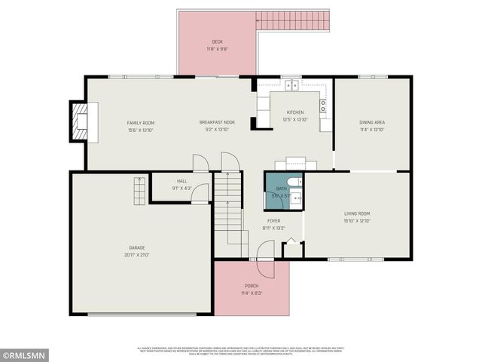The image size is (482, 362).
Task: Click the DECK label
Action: tap(217, 41)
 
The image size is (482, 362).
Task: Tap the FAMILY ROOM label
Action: tap(140, 122)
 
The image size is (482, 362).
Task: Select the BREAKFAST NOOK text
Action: tap(217, 122)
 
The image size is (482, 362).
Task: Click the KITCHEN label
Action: tap(294, 112)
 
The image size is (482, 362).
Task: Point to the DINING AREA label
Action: tap(372, 122)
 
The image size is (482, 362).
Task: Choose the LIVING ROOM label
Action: tap(357, 213)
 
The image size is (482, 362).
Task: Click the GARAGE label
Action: tap(136, 247)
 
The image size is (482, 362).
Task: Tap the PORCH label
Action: tap(252, 286)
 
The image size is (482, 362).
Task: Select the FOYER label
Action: tap(273, 220)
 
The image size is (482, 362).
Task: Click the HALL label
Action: tap(182, 181)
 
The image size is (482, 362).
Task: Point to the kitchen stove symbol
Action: tap(323, 106)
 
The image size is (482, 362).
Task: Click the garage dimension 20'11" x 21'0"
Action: tap(136, 255)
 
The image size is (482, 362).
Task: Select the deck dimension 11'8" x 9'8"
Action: tap(217, 49)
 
